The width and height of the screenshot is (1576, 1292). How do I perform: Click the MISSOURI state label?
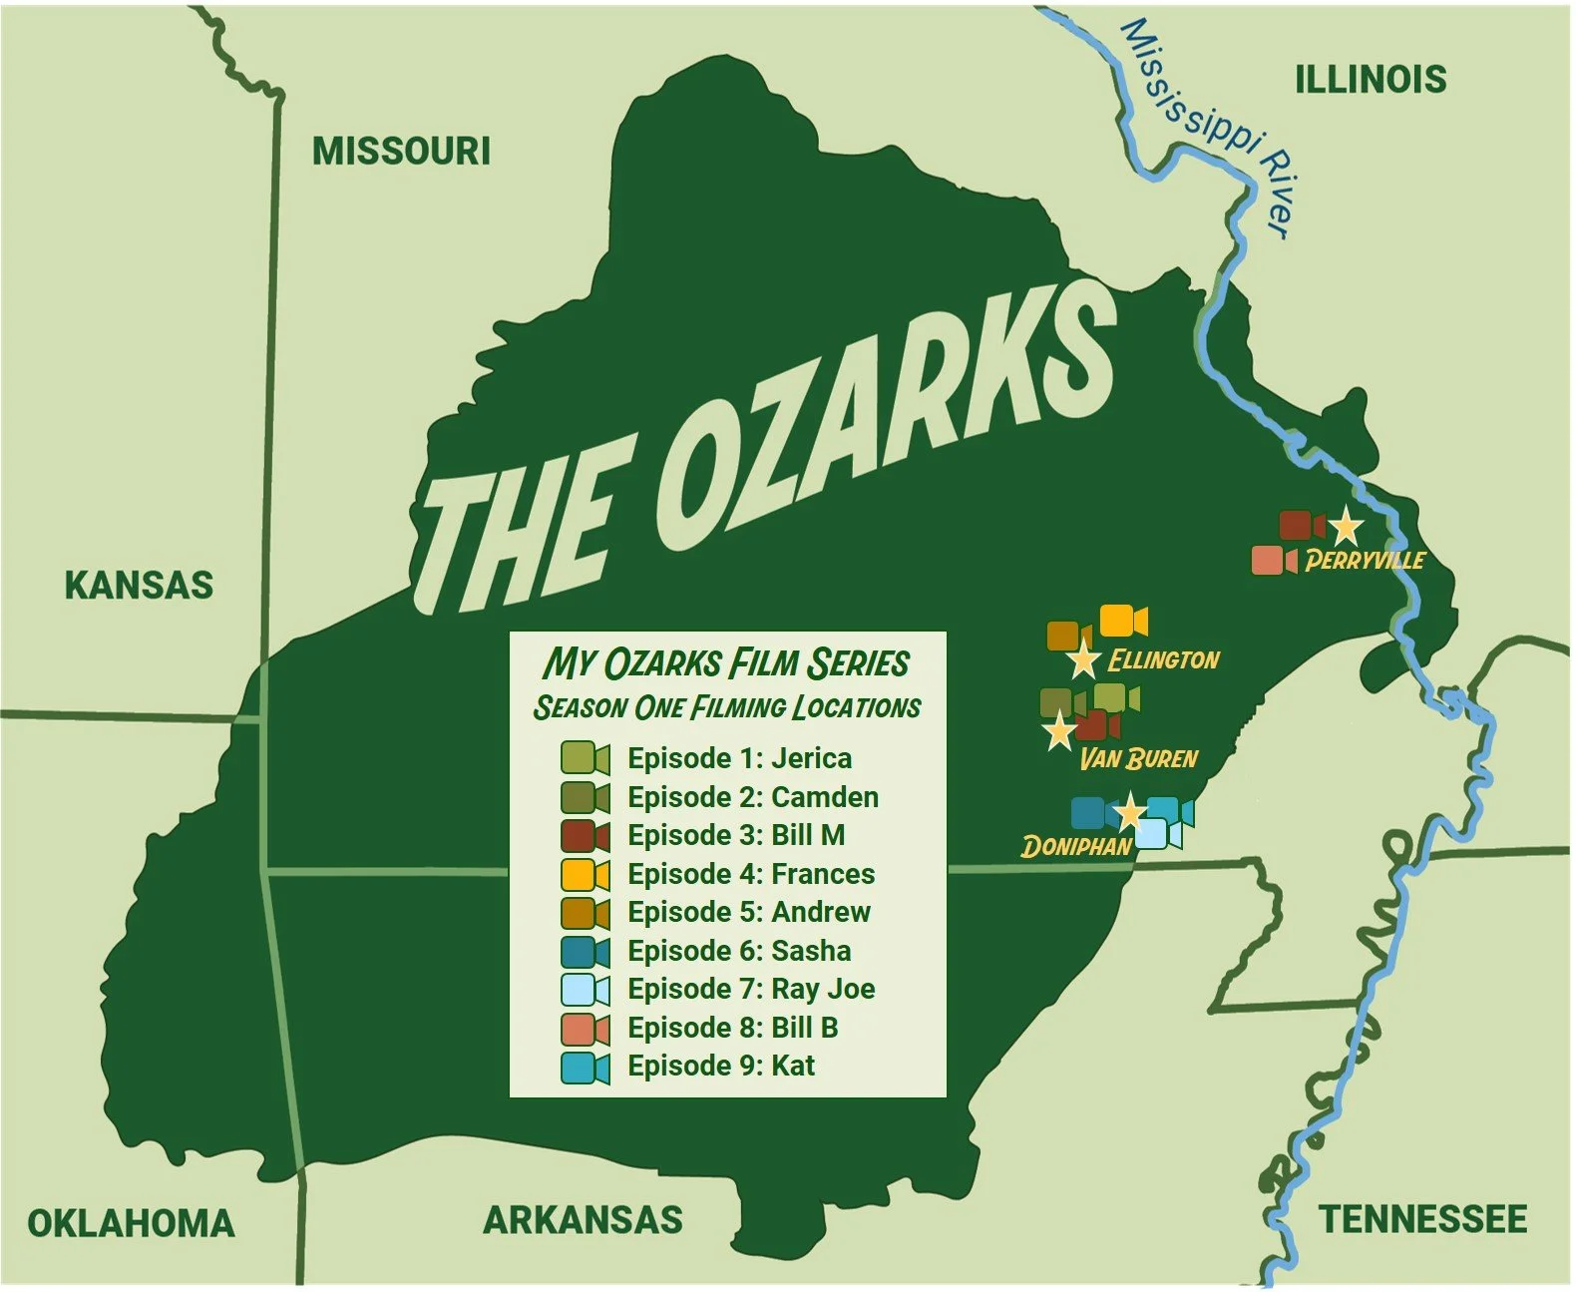pos(401,152)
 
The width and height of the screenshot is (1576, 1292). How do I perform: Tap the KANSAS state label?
pos(139,585)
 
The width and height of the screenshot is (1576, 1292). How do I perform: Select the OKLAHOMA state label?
pos(131,1223)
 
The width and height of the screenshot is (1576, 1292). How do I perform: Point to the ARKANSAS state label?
pos(583,1219)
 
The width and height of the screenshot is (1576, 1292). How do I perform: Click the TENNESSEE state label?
pos(1422,1219)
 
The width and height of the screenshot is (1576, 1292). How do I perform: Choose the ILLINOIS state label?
pos(1370,80)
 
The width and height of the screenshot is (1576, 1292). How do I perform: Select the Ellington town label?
pos(1163,659)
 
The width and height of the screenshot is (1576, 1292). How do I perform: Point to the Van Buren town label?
pos(1138,759)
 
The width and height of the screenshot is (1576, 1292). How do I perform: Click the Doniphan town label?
pos(1076,847)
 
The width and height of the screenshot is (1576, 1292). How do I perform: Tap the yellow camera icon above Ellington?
pos(1122,621)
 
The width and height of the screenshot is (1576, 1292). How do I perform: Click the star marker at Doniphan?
pos(1129,813)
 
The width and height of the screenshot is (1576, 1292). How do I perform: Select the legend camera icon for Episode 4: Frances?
pos(585,875)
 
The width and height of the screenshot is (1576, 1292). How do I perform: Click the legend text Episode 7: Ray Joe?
pos(750,989)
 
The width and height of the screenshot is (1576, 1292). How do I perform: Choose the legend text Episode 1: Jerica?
pos(739,758)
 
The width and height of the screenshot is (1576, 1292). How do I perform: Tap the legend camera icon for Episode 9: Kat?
pos(585,1068)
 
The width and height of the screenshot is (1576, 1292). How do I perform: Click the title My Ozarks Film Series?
pos(726,663)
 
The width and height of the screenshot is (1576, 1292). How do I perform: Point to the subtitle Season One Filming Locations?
pos(726,707)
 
